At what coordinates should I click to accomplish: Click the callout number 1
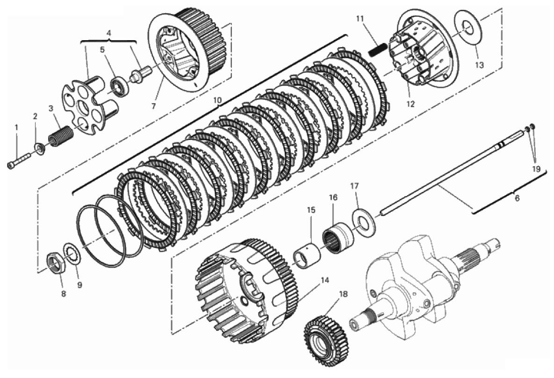click(16, 126)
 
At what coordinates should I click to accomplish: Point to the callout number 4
click(108, 33)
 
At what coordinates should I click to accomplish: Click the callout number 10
click(217, 100)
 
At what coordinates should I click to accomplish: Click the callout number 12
click(410, 104)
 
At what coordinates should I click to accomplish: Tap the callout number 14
click(324, 281)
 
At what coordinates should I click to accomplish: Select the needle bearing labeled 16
click(338, 238)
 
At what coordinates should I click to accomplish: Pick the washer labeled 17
click(364, 220)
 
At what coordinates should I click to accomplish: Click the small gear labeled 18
click(327, 339)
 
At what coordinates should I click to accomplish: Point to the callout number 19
click(536, 169)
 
